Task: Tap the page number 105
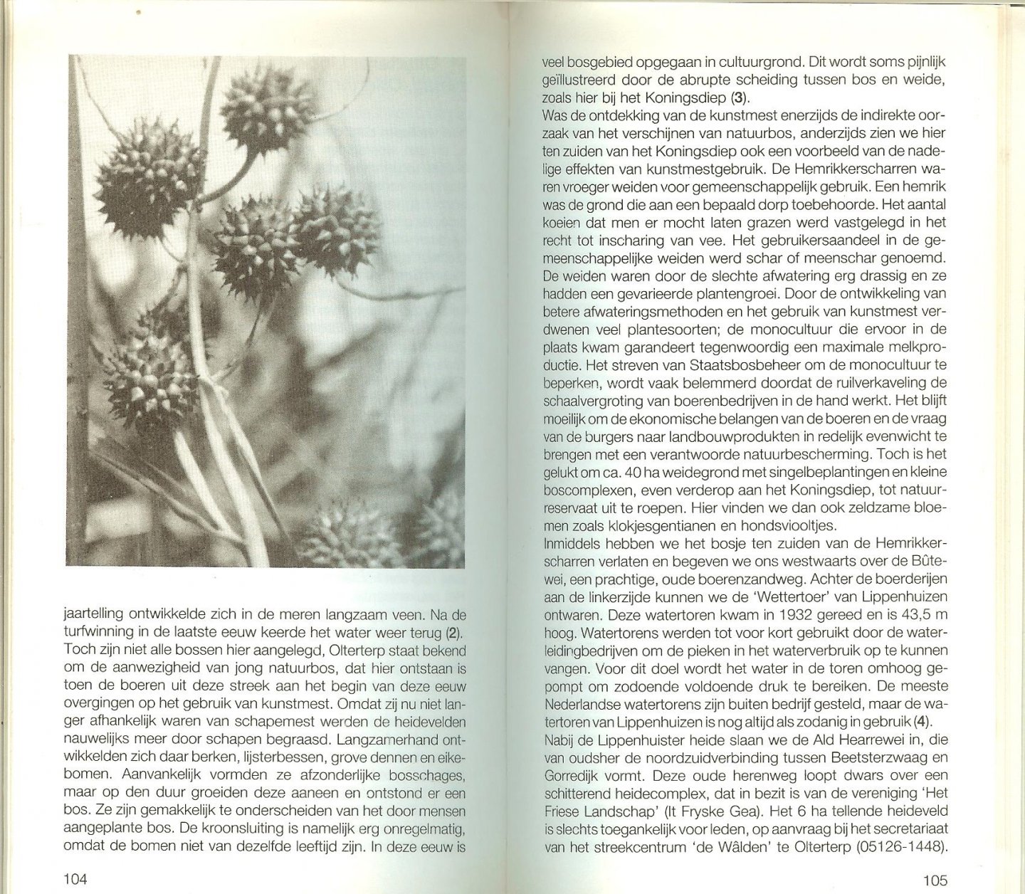click(934, 880)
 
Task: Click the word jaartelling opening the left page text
click(96, 614)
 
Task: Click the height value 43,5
click(900, 615)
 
